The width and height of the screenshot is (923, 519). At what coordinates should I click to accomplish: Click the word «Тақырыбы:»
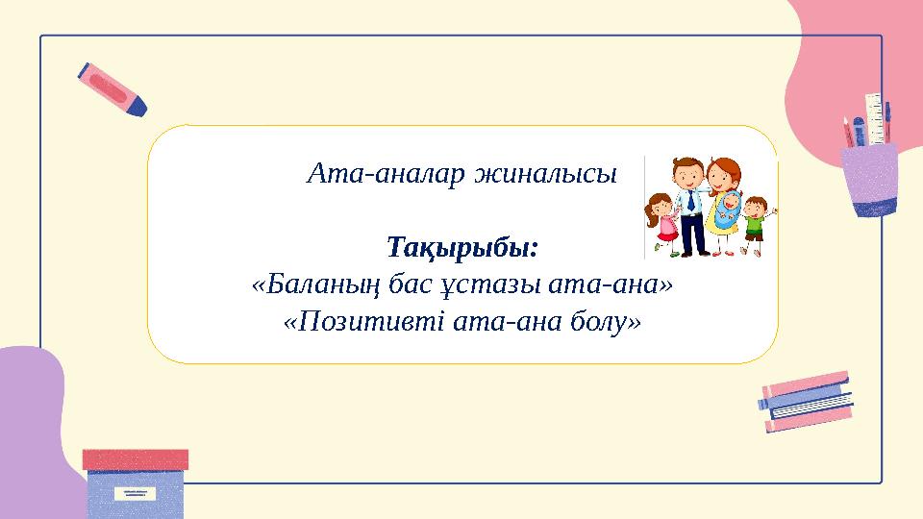(462, 248)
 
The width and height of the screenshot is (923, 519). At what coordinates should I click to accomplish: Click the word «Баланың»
(321, 285)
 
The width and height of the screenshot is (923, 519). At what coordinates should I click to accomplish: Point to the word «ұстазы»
(491, 286)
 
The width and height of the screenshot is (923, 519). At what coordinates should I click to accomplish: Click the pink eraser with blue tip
(112, 89)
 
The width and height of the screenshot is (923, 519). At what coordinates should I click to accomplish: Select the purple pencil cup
(869, 180)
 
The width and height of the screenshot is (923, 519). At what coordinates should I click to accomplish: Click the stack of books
(806, 402)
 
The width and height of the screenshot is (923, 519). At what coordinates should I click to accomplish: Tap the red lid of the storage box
(136, 459)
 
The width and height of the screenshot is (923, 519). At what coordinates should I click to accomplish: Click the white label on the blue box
(135, 492)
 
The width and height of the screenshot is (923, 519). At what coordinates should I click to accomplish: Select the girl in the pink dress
(662, 225)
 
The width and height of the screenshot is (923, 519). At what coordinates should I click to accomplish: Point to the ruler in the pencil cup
(875, 119)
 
